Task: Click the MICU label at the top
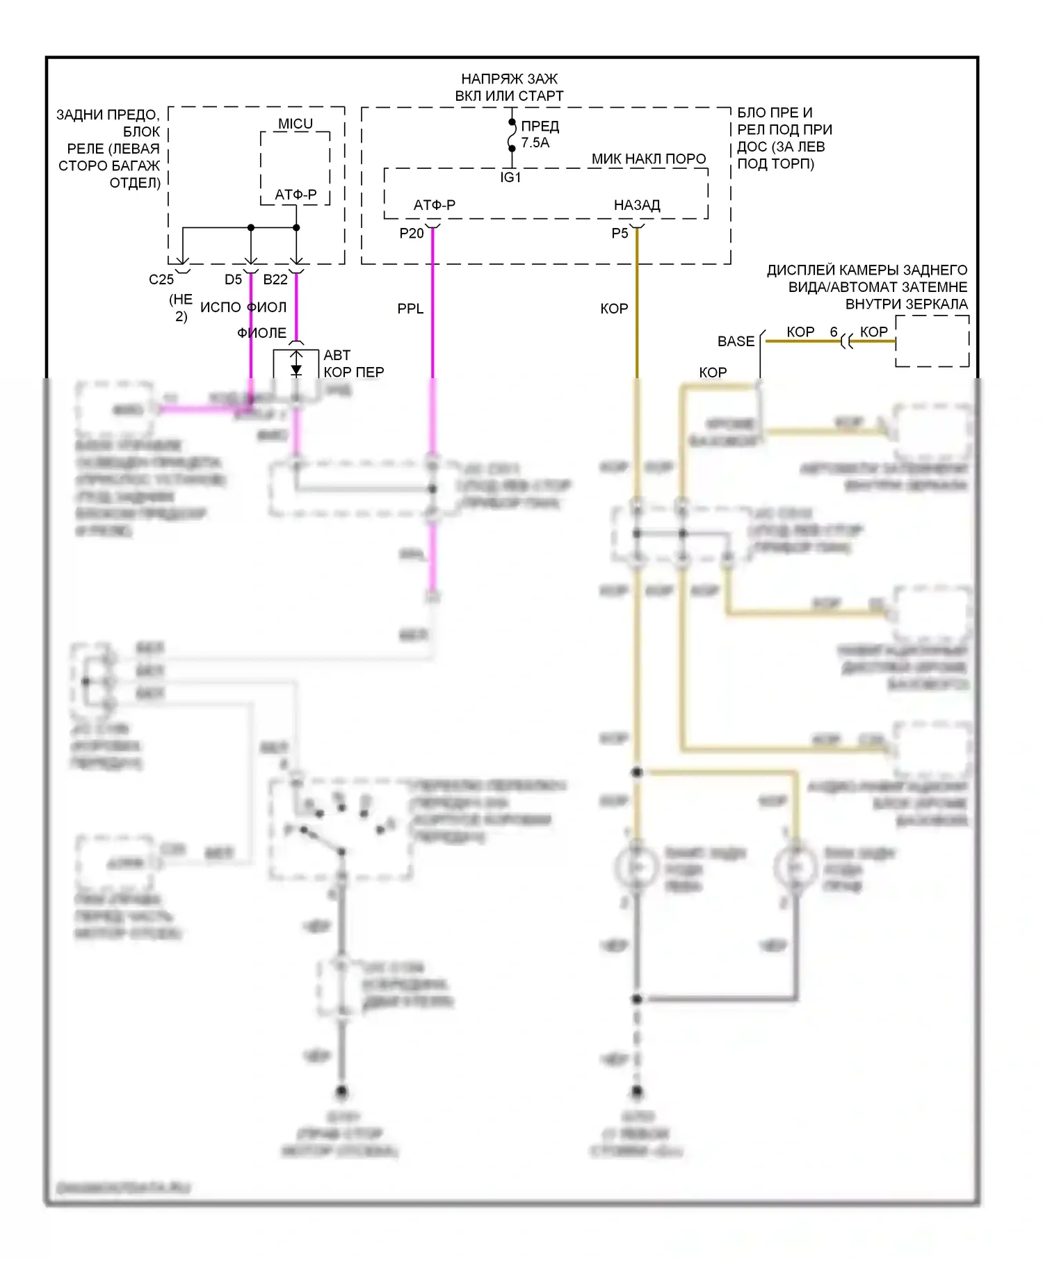pos(296,124)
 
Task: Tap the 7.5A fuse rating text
pos(535,143)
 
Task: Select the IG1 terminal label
pos(510,178)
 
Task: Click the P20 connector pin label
pos(412,234)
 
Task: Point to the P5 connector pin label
pos(620,234)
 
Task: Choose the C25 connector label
pos(161,279)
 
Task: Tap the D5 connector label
pos(233,279)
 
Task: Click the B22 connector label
pos(275,279)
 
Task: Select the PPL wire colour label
pos(410,309)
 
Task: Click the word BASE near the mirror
pos(736,341)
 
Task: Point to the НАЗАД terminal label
pos(637,205)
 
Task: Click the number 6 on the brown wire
pos(834,332)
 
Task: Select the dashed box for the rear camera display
pos(932,341)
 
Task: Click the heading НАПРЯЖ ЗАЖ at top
pos(510,79)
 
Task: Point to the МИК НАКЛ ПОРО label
pos(649,159)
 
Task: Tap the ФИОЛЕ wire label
pos(262,333)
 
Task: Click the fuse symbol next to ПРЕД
pos(512,135)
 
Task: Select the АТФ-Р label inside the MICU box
pos(296,195)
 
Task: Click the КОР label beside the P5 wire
pos(614,309)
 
